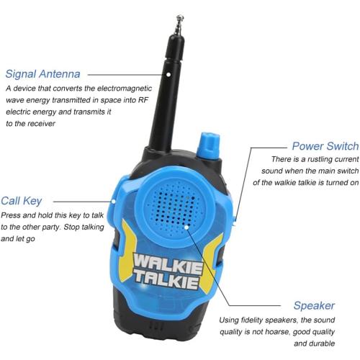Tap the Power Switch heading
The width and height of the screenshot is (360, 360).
[325, 145]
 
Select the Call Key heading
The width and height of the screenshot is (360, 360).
[22, 201]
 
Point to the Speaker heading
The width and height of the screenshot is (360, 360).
[313, 305]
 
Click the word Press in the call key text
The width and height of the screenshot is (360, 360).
[12, 215]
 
